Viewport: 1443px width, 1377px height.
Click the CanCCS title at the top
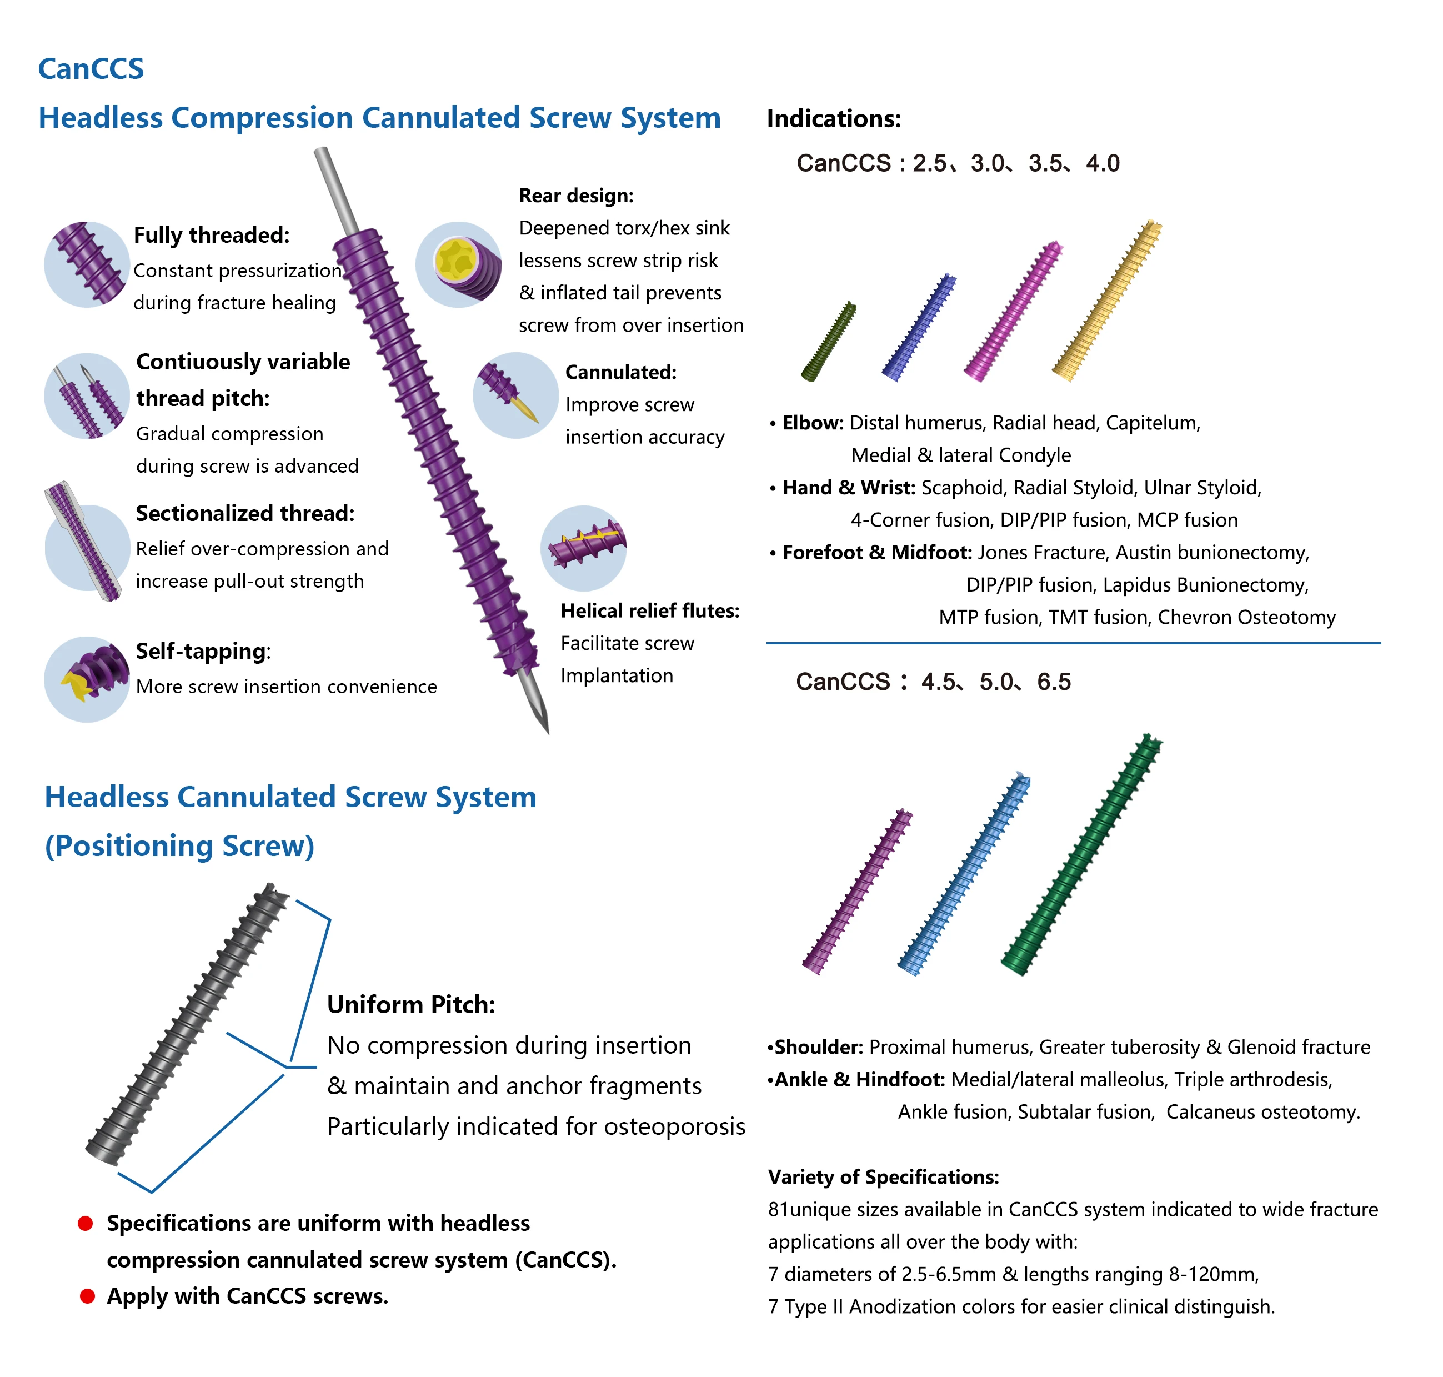point(91,69)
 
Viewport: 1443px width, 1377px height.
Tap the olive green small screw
point(829,341)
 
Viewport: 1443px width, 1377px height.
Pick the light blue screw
point(964,873)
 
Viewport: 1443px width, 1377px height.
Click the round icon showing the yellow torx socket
point(458,264)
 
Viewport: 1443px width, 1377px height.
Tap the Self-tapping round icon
point(87,678)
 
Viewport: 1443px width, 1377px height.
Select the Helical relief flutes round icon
point(584,548)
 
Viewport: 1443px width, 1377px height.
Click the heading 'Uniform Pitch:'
point(410,1004)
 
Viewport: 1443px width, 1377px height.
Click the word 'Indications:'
point(833,119)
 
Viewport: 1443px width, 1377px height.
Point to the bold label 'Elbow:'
point(813,423)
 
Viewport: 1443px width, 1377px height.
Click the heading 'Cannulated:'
point(620,372)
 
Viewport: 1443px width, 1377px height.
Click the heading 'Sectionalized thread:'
point(244,513)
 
